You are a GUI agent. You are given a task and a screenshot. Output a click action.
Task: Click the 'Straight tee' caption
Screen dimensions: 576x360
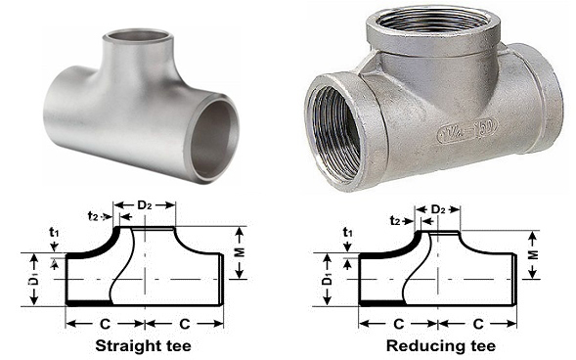point(143,346)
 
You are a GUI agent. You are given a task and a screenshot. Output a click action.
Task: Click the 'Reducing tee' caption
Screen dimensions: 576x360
point(441,346)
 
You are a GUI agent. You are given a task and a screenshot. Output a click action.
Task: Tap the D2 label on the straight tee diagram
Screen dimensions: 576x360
point(144,205)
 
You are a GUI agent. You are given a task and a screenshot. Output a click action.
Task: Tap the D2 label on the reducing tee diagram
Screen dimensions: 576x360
point(437,209)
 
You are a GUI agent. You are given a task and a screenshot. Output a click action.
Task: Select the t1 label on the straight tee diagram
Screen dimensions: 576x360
point(54,232)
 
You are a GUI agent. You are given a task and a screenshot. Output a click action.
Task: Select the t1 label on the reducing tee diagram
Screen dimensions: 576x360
point(347,232)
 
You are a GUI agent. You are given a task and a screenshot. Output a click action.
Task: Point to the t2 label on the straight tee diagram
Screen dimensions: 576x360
point(93,215)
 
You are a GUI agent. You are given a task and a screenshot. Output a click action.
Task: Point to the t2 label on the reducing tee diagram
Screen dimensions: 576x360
point(395,220)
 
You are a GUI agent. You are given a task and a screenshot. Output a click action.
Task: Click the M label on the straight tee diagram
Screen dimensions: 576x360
point(240,252)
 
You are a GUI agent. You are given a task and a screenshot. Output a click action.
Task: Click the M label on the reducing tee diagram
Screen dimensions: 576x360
point(533,255)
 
